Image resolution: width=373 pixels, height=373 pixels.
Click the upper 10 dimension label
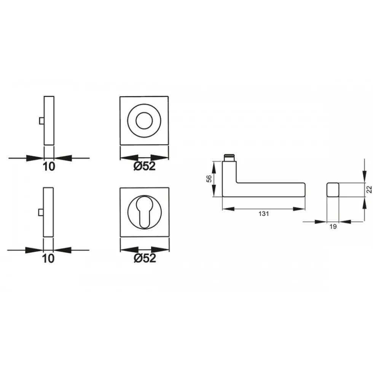click(49, 167)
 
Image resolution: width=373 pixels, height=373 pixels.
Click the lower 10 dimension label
click(48, 259)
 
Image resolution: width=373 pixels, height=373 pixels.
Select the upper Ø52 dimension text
click(145, 166)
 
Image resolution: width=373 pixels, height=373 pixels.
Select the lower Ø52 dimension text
click(145, 258)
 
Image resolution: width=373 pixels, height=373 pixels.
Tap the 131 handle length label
click(264, 214)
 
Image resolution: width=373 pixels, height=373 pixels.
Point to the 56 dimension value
click(209, 179)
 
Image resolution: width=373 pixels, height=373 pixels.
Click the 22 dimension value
click(369, 189)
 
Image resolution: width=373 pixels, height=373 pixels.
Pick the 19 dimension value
click(333, 227)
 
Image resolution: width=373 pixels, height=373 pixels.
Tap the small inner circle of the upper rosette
click(144, 121)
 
